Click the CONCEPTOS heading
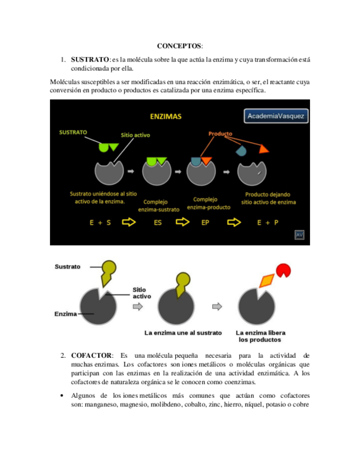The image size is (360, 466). (x=179, y=46)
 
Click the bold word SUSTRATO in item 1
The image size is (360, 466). (x=90, y=59)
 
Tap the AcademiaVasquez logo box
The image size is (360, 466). (x=276, y=116)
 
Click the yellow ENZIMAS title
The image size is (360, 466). (x=166, y=116)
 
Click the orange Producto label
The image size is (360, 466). (x=220, y=134)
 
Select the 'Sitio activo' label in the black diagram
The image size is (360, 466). (x=135, y=135)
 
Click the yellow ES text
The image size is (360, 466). (x=158, y=223)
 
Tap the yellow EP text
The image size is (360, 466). (x=205, y=223)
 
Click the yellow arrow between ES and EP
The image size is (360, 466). (x=182, y=223)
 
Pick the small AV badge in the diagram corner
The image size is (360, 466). (x=300, y=235)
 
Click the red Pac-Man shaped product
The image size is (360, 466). (x=284, y=270)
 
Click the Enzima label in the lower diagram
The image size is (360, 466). (x=65, y=314)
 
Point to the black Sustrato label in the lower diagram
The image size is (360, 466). (x=68, y=267)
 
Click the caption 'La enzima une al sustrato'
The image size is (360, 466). (x=183, y=332)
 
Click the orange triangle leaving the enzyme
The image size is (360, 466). (x=264, y=148)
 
